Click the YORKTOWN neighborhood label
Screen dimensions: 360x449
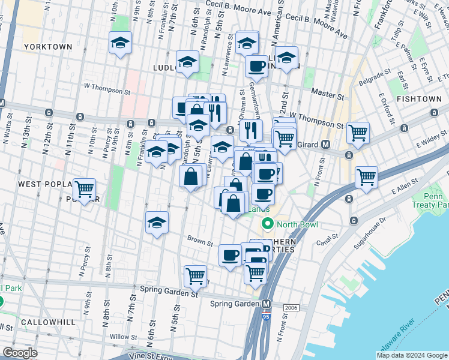[x=48, y=46]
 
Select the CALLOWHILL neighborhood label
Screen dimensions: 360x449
[x=48, y=322]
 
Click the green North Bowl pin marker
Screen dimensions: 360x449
[x=267, y=225]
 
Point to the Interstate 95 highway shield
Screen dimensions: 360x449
[x=265, y=316]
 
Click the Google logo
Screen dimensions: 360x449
[x=20, y=353]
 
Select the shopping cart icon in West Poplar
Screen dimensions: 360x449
[x=85, y=189]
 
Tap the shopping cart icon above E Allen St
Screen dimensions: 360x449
[x=366, y=177]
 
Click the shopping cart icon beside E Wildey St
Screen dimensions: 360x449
[x=358, y=133]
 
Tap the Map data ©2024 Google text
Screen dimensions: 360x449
[x=411, y=355]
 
